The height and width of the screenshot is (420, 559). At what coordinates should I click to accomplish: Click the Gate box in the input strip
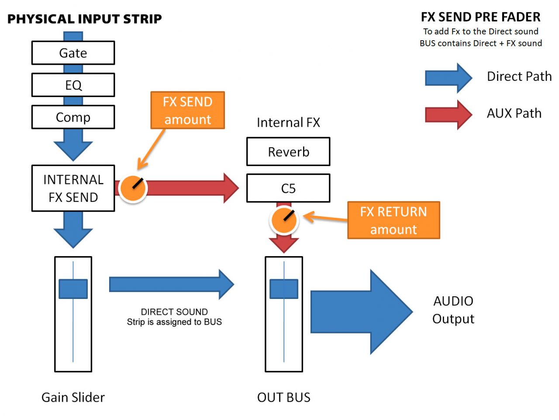pyautogui.click(x=73, y=53)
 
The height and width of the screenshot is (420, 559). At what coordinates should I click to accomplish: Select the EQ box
pyautogui.click(x=73, y=85)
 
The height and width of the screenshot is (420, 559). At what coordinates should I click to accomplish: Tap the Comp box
pyautogui.click(x=73, y=117)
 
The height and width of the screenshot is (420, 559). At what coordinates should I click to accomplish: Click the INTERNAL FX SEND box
pyautogui.click(x=73, y=188)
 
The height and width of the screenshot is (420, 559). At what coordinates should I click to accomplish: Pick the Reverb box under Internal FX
pyautogui.click(x=288, y=152)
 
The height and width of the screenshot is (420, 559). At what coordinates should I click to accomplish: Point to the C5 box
pyautogui.click(x=288, y=188)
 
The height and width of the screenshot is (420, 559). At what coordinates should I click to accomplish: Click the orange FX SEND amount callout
pyautogui.click(x=187, y=110)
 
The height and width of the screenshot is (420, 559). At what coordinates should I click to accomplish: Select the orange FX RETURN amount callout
pyautogui.click(x=393, y=220)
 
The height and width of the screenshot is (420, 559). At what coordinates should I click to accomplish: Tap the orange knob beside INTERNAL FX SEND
pyautogui.click(x=133, y=188)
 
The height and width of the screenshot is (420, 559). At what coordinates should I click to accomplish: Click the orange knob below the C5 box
pyautogui.click(x=284, y=220)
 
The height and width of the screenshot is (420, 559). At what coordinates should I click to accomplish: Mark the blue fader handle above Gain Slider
pyautogui.click(x=73, y=289)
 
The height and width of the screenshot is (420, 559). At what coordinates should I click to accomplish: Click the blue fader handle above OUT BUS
pyautogui.click(x=284, y=289)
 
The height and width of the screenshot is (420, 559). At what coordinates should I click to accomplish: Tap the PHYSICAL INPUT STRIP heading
pyautogui.click(x=85, y=19)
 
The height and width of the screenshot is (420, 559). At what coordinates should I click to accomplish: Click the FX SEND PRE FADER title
pyautogui.click(x=480, y=17)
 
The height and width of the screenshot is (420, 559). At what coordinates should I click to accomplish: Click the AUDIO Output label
pyautogui.click(x=453, y=310)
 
